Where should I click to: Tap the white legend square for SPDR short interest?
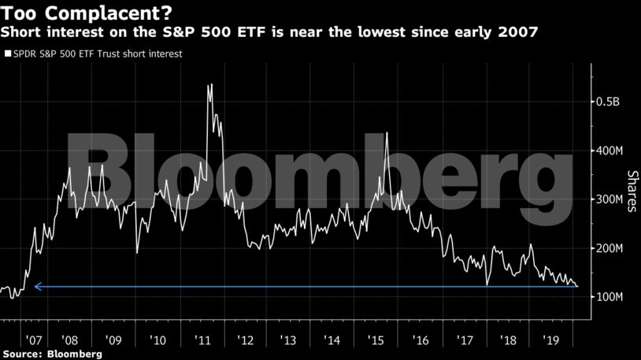click(8, 54)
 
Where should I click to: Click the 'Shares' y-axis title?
click(632, 191)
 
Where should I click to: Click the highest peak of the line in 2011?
click(210, 84)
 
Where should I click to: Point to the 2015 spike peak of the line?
click(387, 132)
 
